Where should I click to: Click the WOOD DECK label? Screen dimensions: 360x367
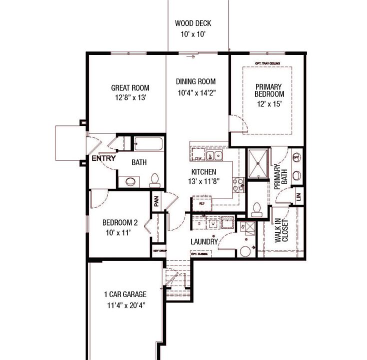click(193, 23)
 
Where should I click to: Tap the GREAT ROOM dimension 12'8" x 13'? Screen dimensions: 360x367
click(130, 98)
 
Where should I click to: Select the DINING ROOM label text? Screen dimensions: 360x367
click(195, 81)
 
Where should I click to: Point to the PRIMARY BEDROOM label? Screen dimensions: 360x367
click(269, 90)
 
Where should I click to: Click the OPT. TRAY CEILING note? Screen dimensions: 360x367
click(267, 63)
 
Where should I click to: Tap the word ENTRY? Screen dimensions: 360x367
click(103, 158)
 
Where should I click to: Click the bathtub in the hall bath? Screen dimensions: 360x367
click(148, 144)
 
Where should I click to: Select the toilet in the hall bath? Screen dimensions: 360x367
click(154, 179)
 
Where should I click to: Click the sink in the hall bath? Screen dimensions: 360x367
click(129, 181)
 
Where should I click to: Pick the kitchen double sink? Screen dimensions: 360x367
click(215, 156)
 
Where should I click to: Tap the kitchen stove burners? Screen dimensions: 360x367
click(239, 185)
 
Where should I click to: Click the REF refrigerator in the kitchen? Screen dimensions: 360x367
click(202, 203)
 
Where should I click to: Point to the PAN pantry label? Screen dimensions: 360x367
click(156, 201)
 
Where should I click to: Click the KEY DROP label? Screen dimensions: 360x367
click(159, 250)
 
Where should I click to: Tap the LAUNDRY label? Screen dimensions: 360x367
click(204, 242)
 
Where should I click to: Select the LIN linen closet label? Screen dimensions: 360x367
click(298, 196)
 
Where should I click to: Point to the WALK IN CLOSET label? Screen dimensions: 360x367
click(281, 230)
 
